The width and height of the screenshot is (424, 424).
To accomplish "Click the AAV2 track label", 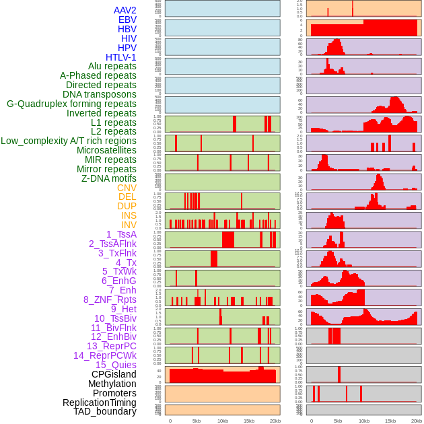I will point(125,10).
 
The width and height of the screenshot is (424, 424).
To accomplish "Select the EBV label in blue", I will point(127,20).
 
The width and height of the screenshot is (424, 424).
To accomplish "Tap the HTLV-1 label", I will point(120,57).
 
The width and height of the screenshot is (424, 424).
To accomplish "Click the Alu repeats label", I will point(112,66).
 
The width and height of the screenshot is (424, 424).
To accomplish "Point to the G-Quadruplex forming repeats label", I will point(71,104).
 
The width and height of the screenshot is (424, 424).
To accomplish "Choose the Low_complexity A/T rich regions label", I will point(69,141).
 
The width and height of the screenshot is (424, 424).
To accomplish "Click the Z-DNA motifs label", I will point(109,178).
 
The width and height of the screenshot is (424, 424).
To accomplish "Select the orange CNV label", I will point(127,188).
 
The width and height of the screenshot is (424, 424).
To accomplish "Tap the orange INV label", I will point(129,225).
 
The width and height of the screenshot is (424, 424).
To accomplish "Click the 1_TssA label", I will point(121,234).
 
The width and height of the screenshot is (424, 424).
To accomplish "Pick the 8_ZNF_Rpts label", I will point(110,299).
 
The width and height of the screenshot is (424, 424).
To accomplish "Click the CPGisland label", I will point(114,374).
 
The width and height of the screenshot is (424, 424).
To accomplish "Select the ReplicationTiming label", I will point(100,402).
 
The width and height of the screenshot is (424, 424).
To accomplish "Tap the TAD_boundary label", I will point(105,411).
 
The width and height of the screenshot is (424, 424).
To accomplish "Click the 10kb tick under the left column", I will point(223,421).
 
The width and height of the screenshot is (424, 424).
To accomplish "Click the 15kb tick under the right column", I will point(390,421).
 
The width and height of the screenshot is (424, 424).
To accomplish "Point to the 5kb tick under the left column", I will point(197,421).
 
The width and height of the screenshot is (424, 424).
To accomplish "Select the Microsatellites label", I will point(106,150).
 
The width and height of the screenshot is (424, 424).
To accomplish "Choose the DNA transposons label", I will point(100,94).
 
